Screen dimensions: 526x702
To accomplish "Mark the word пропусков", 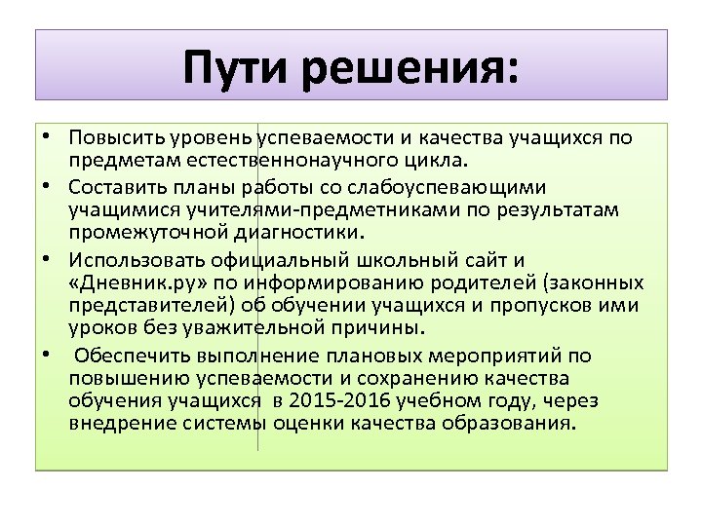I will [x=548, y=306].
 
